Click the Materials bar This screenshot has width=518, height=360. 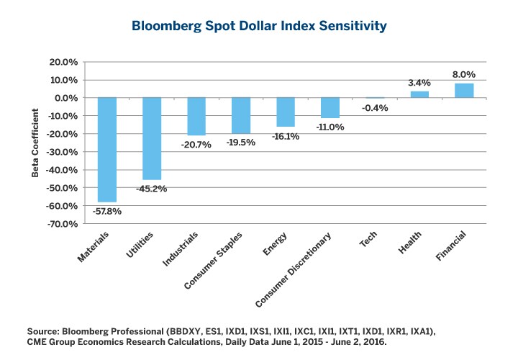(x=107, y=150)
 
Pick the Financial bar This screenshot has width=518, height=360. (x=464, y=91)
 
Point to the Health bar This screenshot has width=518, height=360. (x=419, y=94)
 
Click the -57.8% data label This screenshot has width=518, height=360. (x=107, y=212)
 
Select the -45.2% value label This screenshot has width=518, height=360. (x=152, y=189)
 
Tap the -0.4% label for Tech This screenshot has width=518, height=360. (x=375, y=108)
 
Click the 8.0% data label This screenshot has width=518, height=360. (x=464, y=74)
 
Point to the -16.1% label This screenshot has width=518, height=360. (x=286, y=136)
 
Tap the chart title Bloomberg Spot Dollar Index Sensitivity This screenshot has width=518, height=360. (x=259, y=26)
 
